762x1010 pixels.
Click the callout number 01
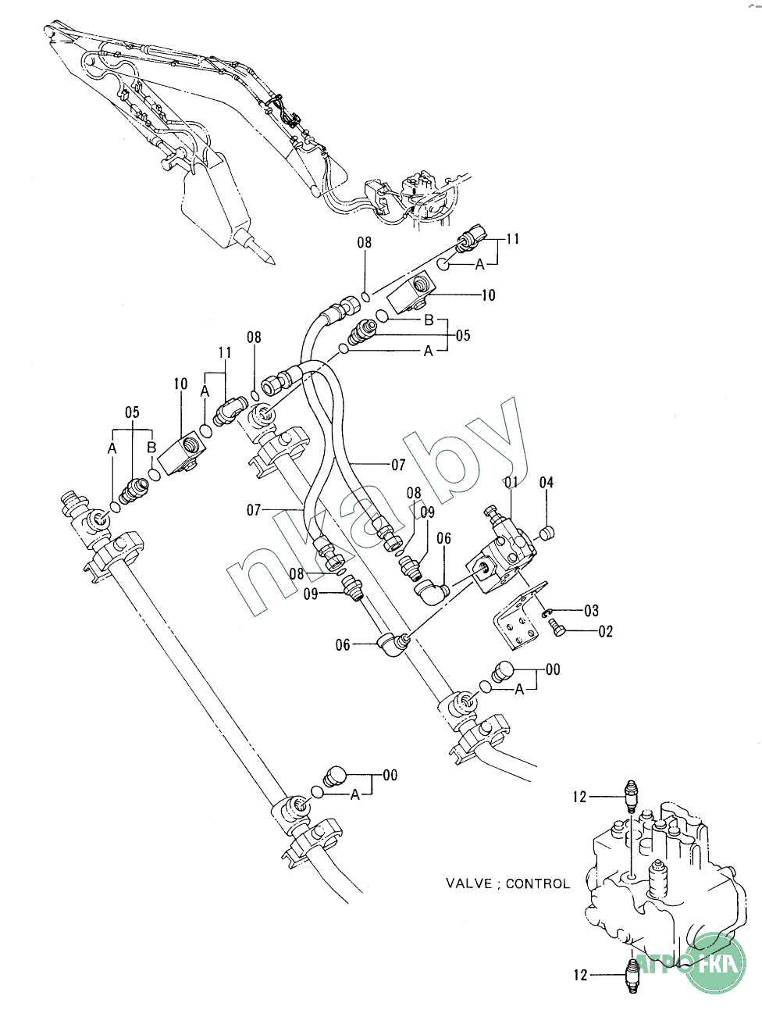click(511, 482)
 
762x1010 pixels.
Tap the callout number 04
click(547, 483)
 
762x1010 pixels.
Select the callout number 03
click(591, 611)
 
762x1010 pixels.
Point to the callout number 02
click(606, 631)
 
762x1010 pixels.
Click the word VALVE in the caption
click(469, 883)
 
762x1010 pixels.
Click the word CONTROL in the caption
click(538, 883)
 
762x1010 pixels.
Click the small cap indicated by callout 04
click(547, 533)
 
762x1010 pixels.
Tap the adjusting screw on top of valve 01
click(491, 512)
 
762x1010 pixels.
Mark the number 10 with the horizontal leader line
click(488, 295)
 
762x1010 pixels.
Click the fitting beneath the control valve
click(632, 976)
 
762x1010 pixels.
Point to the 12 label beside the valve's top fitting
click(579, 797)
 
